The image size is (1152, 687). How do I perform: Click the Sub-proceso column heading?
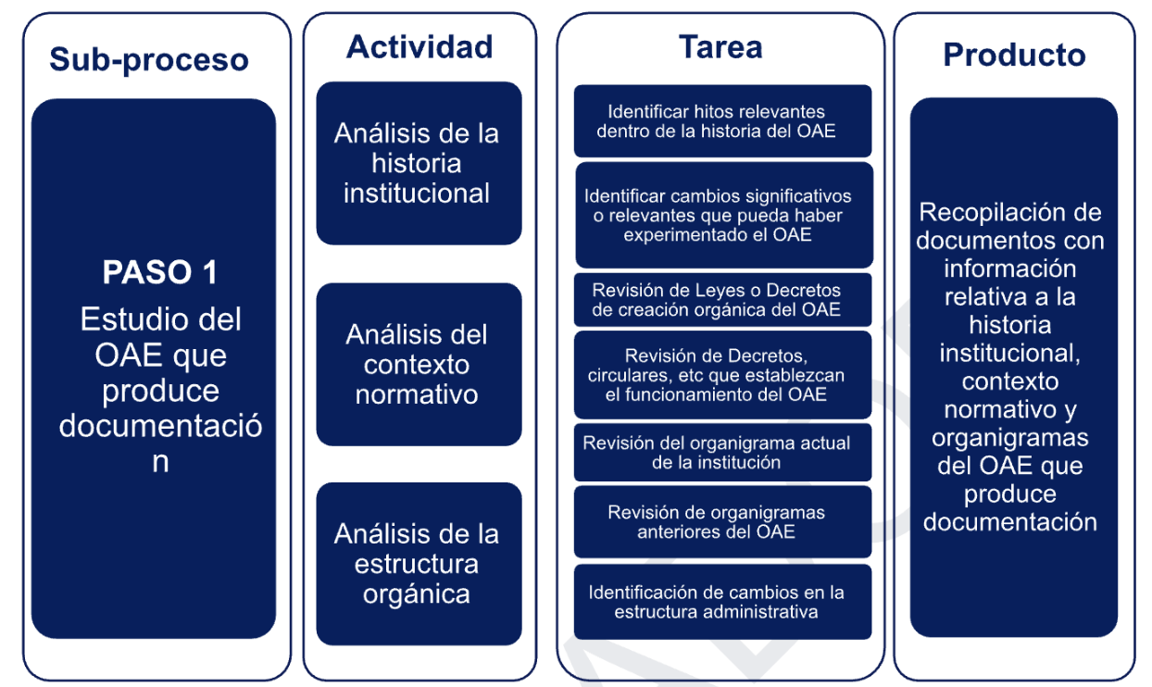(x=149, y=60)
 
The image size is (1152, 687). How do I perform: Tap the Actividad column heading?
(x=419, y=47)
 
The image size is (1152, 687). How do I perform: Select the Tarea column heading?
(x=720, y=47)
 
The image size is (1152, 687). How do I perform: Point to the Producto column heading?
(x=1014, y=55)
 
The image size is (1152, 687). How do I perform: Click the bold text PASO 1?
(x=159, y=272)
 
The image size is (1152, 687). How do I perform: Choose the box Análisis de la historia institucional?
(x=419, y=163)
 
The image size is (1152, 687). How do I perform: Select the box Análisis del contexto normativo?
(x=419, y=364)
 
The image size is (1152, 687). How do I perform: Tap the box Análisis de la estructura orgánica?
(x=419, y=564)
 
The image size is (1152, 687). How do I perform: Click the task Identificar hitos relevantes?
(x=722, y=121)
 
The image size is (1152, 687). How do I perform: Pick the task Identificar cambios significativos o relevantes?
(x=724, y=215)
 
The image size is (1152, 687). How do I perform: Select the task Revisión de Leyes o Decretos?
(x=722, y=300)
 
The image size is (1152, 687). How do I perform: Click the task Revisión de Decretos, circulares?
(x=722, y=375)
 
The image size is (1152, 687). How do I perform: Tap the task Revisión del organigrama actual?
(x=722, y=453)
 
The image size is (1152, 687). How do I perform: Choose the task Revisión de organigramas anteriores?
(x=722, y=522)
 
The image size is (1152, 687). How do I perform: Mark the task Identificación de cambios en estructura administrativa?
(x=722, y=602)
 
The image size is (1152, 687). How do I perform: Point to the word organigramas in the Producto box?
(x=1010, y=438)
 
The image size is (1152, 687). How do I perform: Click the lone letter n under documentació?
(x=160, y=462)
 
